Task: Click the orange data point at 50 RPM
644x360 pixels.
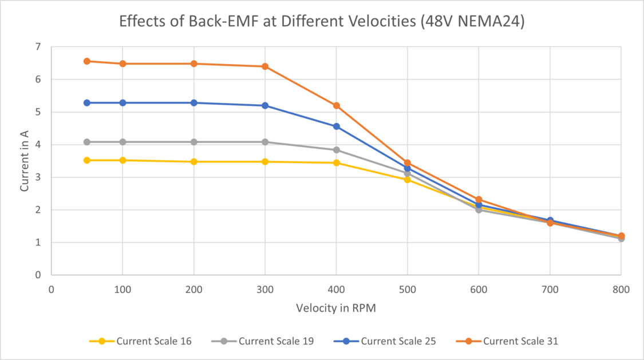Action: (87, 61)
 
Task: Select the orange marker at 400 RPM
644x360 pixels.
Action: (337, 106)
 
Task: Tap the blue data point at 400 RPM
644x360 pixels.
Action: (337, 126)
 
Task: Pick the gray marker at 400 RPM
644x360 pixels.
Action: (337, 150)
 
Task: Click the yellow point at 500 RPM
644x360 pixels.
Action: (408, 180)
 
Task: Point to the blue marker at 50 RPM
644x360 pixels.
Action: (87, 103)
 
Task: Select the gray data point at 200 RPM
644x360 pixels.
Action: (194, 142)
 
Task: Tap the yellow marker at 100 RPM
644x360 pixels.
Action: (123, 160)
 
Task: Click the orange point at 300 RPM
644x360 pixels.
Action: (265, 66)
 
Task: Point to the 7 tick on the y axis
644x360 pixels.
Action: (38, 47)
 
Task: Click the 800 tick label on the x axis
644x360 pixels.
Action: (621, 290)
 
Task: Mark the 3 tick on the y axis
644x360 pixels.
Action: (38, 177)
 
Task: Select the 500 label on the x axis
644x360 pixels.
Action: (408, 290)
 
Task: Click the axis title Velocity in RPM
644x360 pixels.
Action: (336, 308)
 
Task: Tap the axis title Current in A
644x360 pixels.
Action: (25, 160)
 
